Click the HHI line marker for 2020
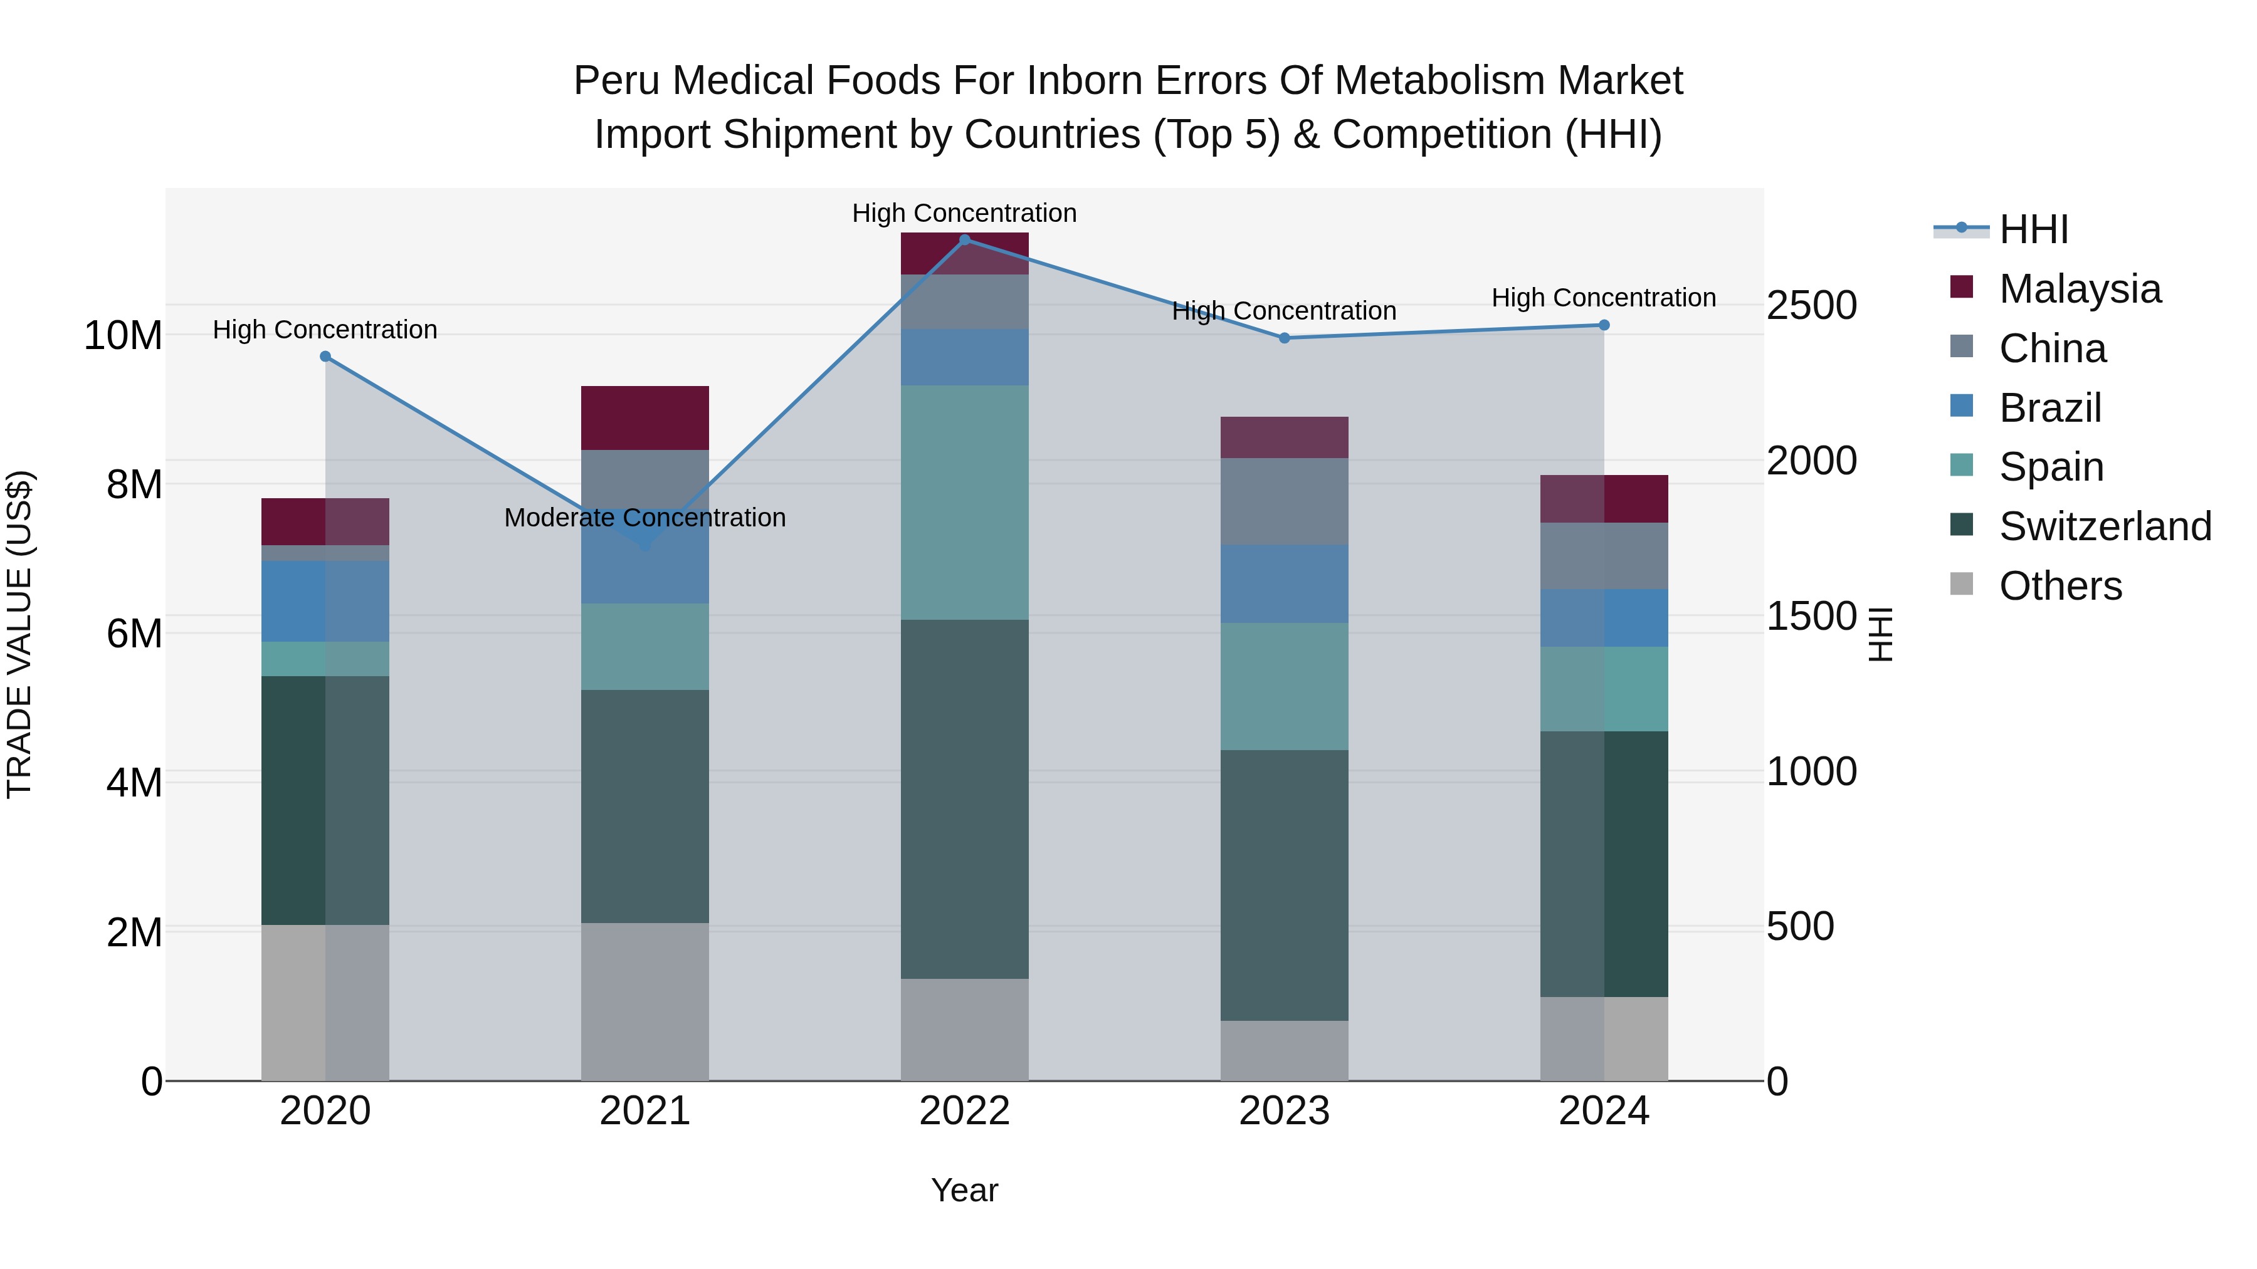pyautogui.click(x=325, y=357)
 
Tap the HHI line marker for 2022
pyautogui.click(x=965, y=239)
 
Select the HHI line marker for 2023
pyautogui.click(x=1285, y=338)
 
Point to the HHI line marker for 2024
pyautogui.click(x=1604, y=325)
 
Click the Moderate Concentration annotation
pyautogui.click(x=645, y=518)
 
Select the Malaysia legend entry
pyautogui.click(x=2079, y=289)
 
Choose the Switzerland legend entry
pyautogui.click(x=2105, y=526)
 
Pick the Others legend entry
pyautogui.click(x=2060, y=586)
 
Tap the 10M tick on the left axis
pyautogui.click(x=123, y=335)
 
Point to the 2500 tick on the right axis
pyautogui.click(x=1811, y=306)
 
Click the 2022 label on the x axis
pyautogui.click(x=965, y=1111)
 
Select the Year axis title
pyautogui.click(x=965, y=1190)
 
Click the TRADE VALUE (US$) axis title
pyautogui.click(x=19, y=634)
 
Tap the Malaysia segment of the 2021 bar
pyautogui.click(x=645, y=418)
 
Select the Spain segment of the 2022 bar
pyautogui.click(x=965, y=503)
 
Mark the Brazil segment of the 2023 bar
pyautogui.click(x=1285, y=584)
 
